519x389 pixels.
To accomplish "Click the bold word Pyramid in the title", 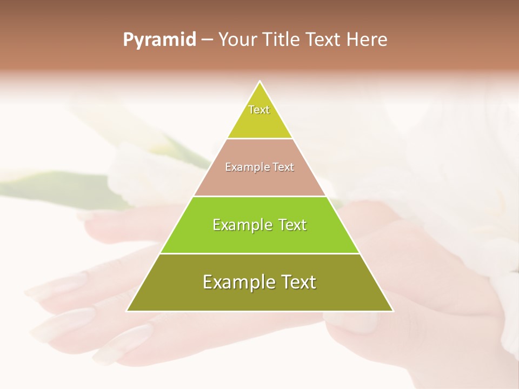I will coord(159,40).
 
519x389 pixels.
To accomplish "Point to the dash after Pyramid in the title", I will coord(207,40).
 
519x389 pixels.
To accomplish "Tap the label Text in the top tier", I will coord(259,110).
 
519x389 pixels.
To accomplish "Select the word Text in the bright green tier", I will coord(292,225).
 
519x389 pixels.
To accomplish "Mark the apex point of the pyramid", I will coord(260,82).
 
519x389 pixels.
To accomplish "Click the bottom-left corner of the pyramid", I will coord(127,311).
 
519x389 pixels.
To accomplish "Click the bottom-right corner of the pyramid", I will coord(393,311).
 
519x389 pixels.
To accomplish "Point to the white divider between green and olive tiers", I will coord(259,253).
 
